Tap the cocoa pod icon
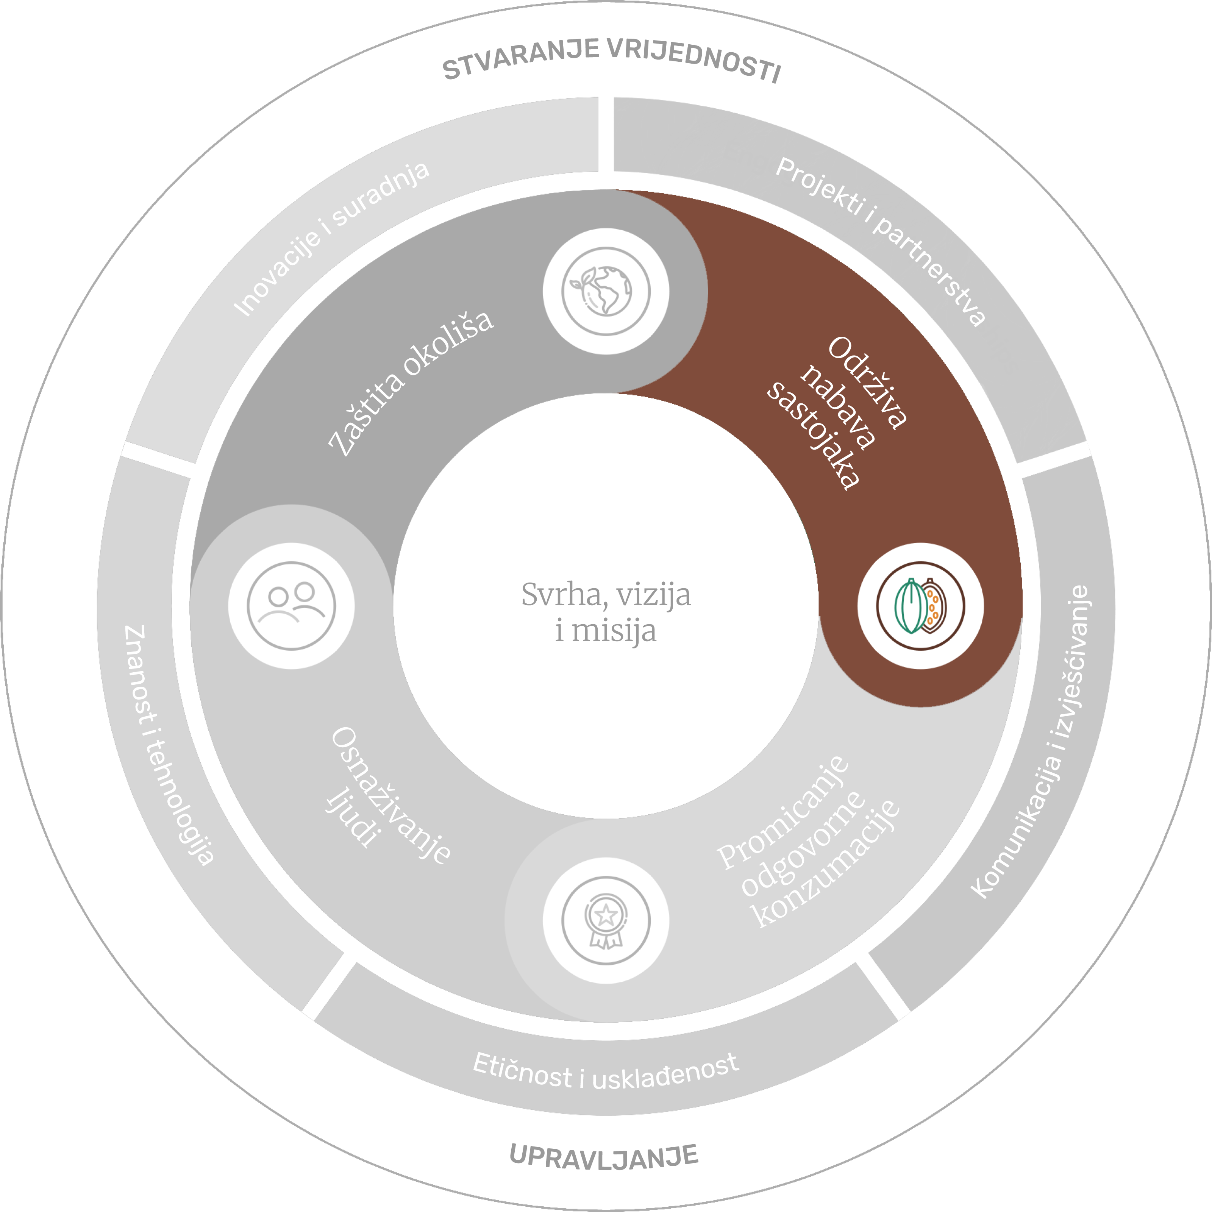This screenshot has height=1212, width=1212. (x=920, y=606)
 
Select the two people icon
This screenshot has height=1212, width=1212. (x=291, y=606)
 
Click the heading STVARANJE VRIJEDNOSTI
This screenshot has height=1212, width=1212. (x=612, y=61)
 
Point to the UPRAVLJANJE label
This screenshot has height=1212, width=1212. (x=603, y=1156)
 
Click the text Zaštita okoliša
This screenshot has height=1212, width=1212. (x=411, y=382)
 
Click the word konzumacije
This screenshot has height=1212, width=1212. (x=828, y=866)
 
